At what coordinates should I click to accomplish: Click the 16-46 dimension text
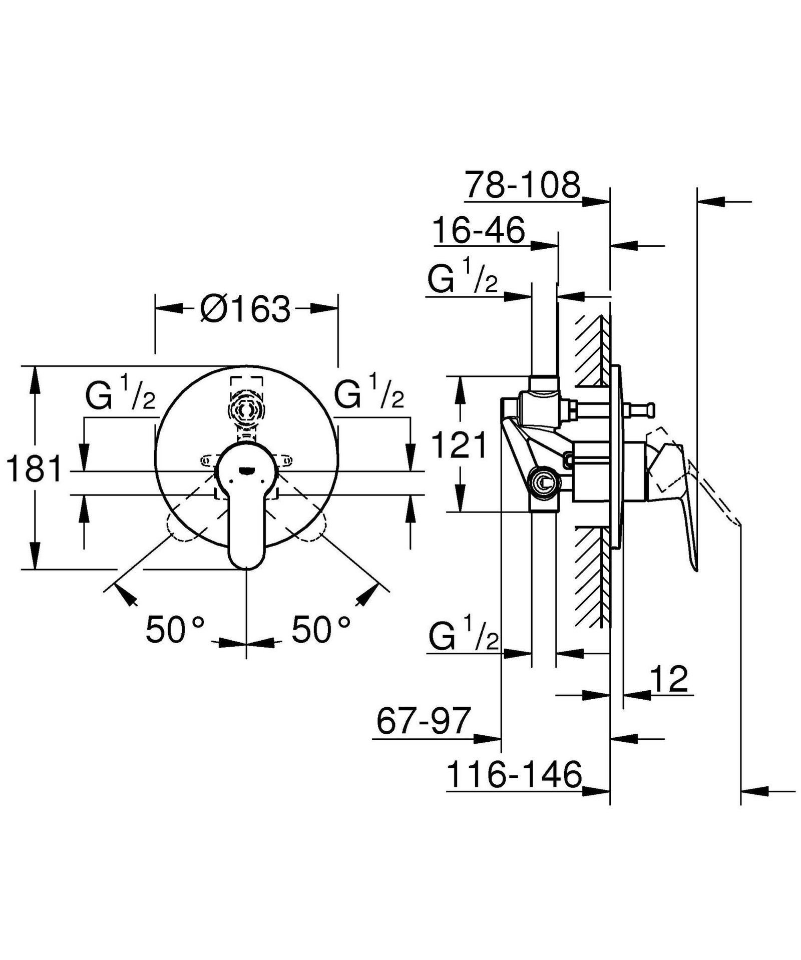click(479, 230)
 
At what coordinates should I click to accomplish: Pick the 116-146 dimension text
click(514, 774)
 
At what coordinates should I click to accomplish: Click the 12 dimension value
click(669, 679)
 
